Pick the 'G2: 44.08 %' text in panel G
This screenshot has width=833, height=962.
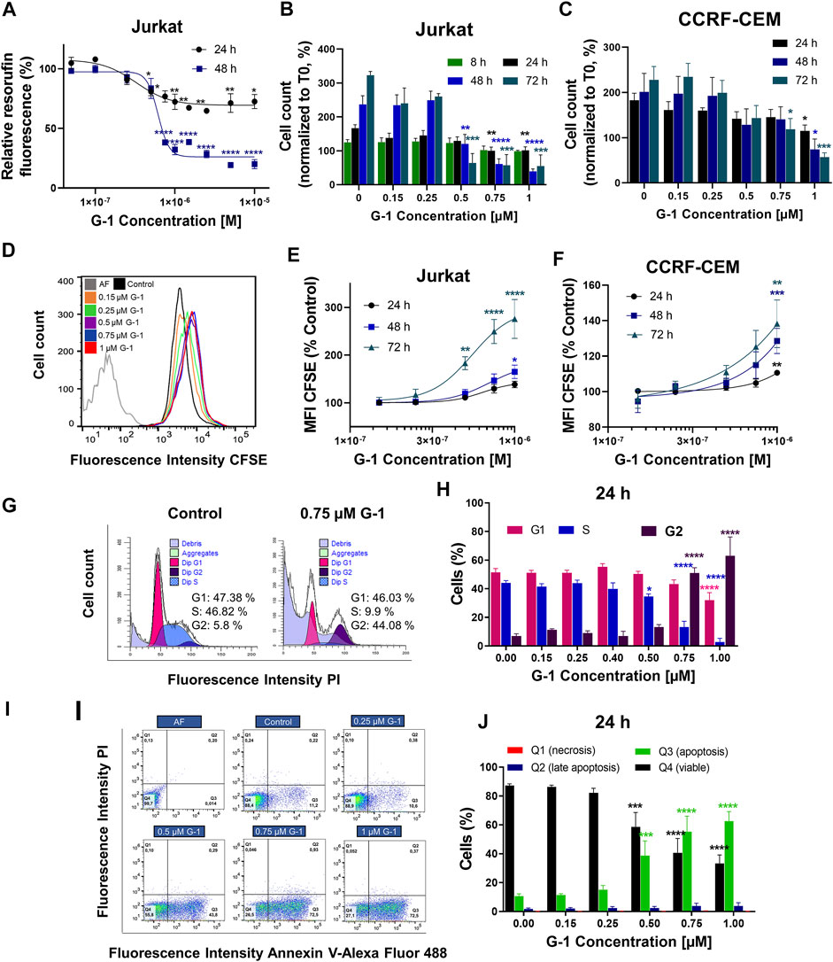344,596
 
